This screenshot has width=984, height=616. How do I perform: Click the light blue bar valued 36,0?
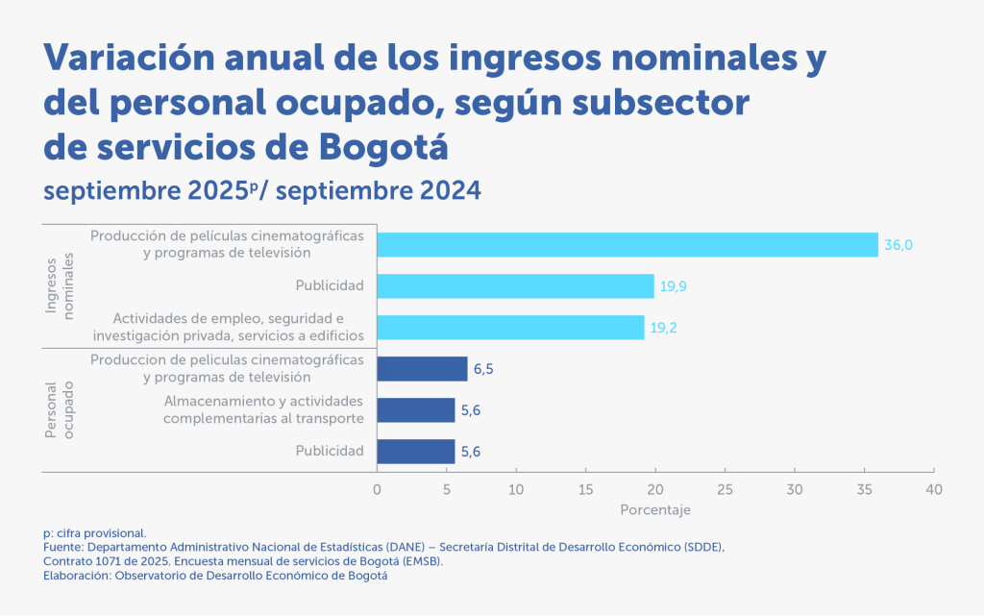(x=627, y=245)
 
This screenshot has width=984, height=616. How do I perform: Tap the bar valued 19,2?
(x=510, y=327)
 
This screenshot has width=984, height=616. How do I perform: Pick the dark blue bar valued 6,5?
(x=422, y=369)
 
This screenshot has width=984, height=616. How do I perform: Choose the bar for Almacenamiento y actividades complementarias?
(x=415, y=410)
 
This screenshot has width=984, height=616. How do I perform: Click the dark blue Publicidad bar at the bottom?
(x=415, y=452)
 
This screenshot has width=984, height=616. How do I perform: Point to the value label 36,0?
(x=898, y=245)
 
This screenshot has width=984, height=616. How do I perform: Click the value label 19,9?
(x=673, y=286)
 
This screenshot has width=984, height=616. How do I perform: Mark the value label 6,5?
(x=483, y=369)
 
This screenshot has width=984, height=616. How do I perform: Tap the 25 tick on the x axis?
(x=725, y=489)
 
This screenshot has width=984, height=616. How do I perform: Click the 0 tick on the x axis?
(x=377, y=489)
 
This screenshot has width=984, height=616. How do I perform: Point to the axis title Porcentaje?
(x=654, y=509)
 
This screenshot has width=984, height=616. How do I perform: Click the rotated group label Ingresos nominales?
(x=60, y=286)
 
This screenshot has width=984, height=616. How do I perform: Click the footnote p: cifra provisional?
(x=94, y=532)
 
